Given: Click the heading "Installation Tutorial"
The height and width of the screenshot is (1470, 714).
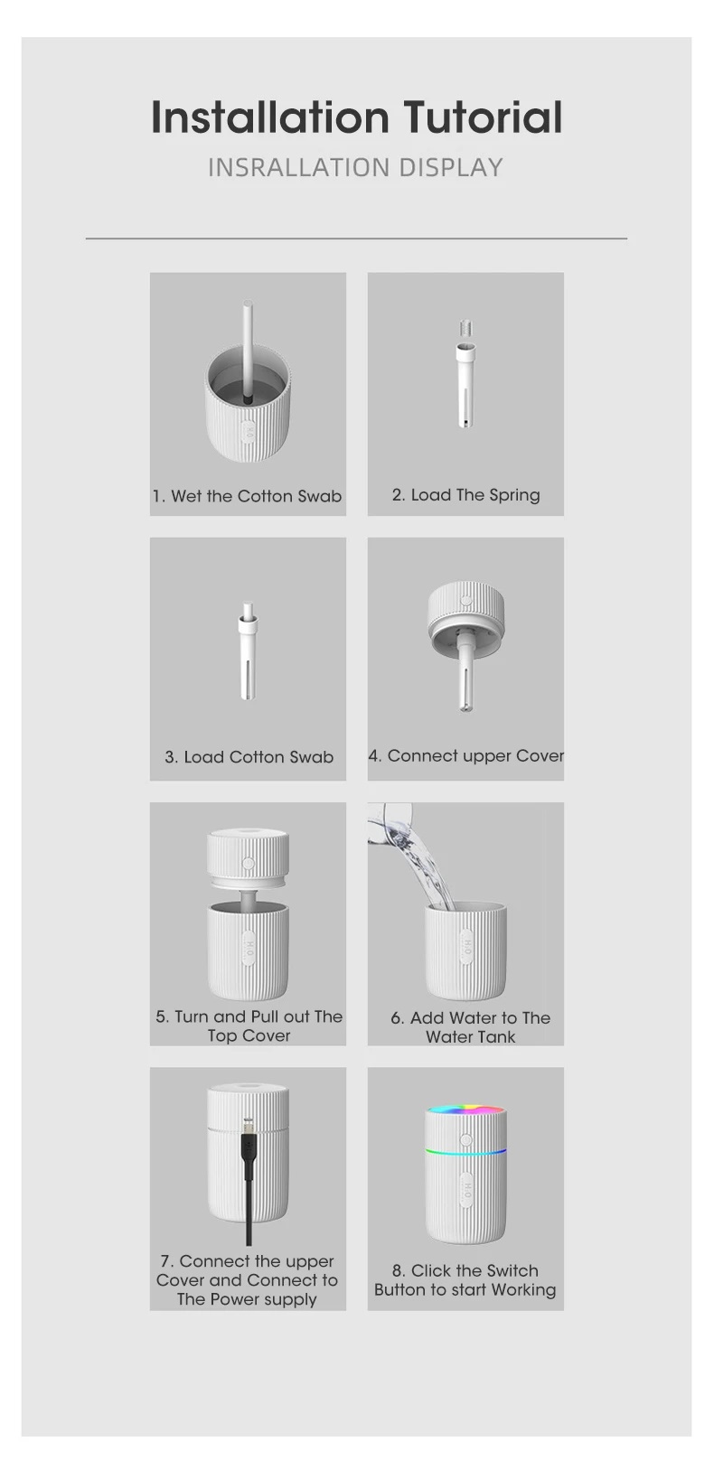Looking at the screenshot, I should [x=356, y=118].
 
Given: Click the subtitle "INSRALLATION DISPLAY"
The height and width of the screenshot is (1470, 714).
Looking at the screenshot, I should [x=355, y=168].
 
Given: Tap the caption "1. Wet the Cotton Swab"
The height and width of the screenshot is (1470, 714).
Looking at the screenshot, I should [x=247, y=496].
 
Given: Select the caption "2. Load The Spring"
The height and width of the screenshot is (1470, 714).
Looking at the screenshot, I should [x=465, y=495].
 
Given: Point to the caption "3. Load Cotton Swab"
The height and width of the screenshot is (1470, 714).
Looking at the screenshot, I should [x=249, y=757].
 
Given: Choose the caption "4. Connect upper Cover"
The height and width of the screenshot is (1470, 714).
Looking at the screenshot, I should [x=465, y=756].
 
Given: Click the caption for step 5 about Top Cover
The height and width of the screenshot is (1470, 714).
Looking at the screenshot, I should [x=249, y=1026].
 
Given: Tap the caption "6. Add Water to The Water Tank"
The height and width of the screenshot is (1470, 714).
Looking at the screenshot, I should [x=470, y=1027].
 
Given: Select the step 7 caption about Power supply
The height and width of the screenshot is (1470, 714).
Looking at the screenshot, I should [x=247, y=1280].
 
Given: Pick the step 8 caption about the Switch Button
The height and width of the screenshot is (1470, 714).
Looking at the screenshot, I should [x=465, y=1280].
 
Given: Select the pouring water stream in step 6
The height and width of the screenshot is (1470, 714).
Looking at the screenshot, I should [x=425, y=867].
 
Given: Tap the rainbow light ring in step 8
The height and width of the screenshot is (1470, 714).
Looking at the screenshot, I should [x=465, y=1152].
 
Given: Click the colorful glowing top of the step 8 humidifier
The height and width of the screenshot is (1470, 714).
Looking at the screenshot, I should [x=465, y=1110].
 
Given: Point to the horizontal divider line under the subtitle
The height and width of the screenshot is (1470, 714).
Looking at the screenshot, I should [x=356, y=239].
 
